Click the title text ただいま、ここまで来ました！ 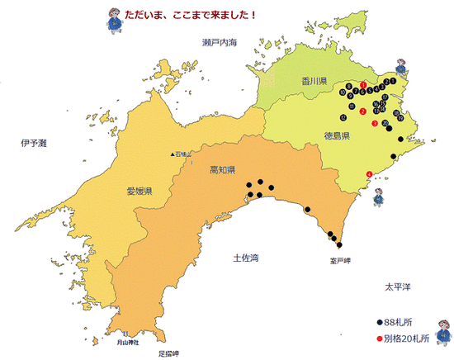pyautogui.click(x=190, y=14)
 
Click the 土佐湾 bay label pyautogui.click(x=246, y=258)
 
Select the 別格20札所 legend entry pyautogui.click(x=404, y=338)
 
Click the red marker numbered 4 pyautogui.click(x=368, y=173)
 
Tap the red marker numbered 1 pyautogui.click(x=364, y=85)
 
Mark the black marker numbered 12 pyautogui.click(x=343, y=118)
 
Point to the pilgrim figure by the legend pyautogui.click(x=444, y=329)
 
